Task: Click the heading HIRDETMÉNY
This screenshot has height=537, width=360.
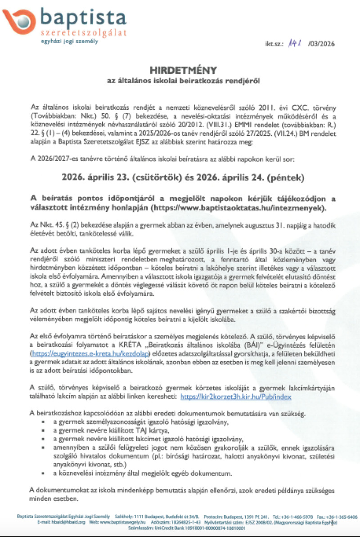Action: pyautogui.click(x=183, y=70)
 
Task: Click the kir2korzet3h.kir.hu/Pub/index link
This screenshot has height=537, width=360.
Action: pyautogui.click(x=236, y=397)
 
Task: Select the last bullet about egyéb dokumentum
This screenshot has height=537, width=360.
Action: pyautogui.click(x=142, y=474)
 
